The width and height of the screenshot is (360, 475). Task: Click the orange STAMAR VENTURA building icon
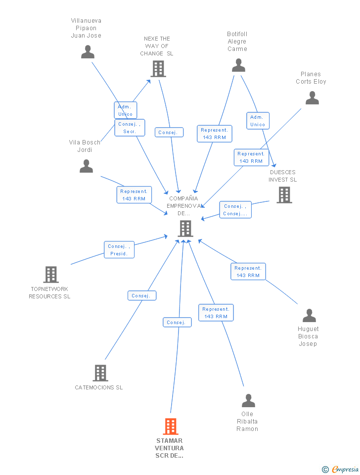pos(170,426)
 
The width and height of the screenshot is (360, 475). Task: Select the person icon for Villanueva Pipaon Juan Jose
pos(88,51)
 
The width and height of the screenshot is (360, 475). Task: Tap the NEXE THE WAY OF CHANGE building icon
pos(158,69)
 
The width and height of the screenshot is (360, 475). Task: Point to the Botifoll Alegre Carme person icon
pos(238,65)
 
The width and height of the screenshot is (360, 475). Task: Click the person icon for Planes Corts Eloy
pos(312,98)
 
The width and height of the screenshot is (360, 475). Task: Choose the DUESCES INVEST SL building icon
pos(284,195)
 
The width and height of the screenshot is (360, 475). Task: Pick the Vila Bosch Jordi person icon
pos(86,166)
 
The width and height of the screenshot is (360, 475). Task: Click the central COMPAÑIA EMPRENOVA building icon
pos(185,229)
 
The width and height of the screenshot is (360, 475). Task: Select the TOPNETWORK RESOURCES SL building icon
pos(50,274)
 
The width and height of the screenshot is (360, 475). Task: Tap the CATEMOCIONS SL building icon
pos(100,373)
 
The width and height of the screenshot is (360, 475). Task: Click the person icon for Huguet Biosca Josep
pos(309,315)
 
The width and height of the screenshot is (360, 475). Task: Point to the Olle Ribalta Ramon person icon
pos(248,400)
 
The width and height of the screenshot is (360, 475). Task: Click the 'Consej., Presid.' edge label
pos(119,250)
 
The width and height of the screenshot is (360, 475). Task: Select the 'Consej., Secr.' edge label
pos(130,128)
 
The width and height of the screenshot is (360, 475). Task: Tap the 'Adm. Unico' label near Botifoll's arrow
pos(258,121)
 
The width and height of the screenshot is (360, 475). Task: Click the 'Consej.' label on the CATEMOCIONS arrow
pos(141,296)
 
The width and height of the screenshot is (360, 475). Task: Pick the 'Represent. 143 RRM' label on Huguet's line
pos(248,272)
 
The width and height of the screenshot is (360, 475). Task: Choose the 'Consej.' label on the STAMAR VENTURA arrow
pos(177,323)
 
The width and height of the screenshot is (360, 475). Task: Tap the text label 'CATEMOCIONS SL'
pos(99,387)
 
